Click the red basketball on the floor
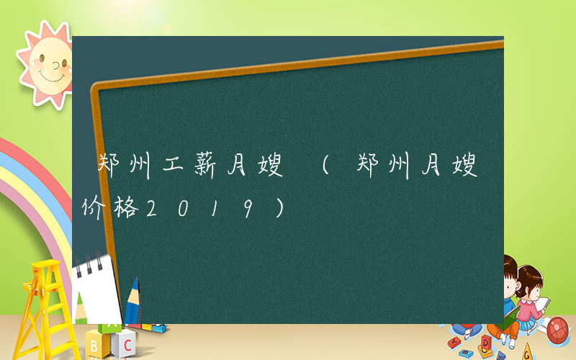click(x=559, y=330)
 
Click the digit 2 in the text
click(x=152, y=210)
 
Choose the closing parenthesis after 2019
click(x=279, y=210)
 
